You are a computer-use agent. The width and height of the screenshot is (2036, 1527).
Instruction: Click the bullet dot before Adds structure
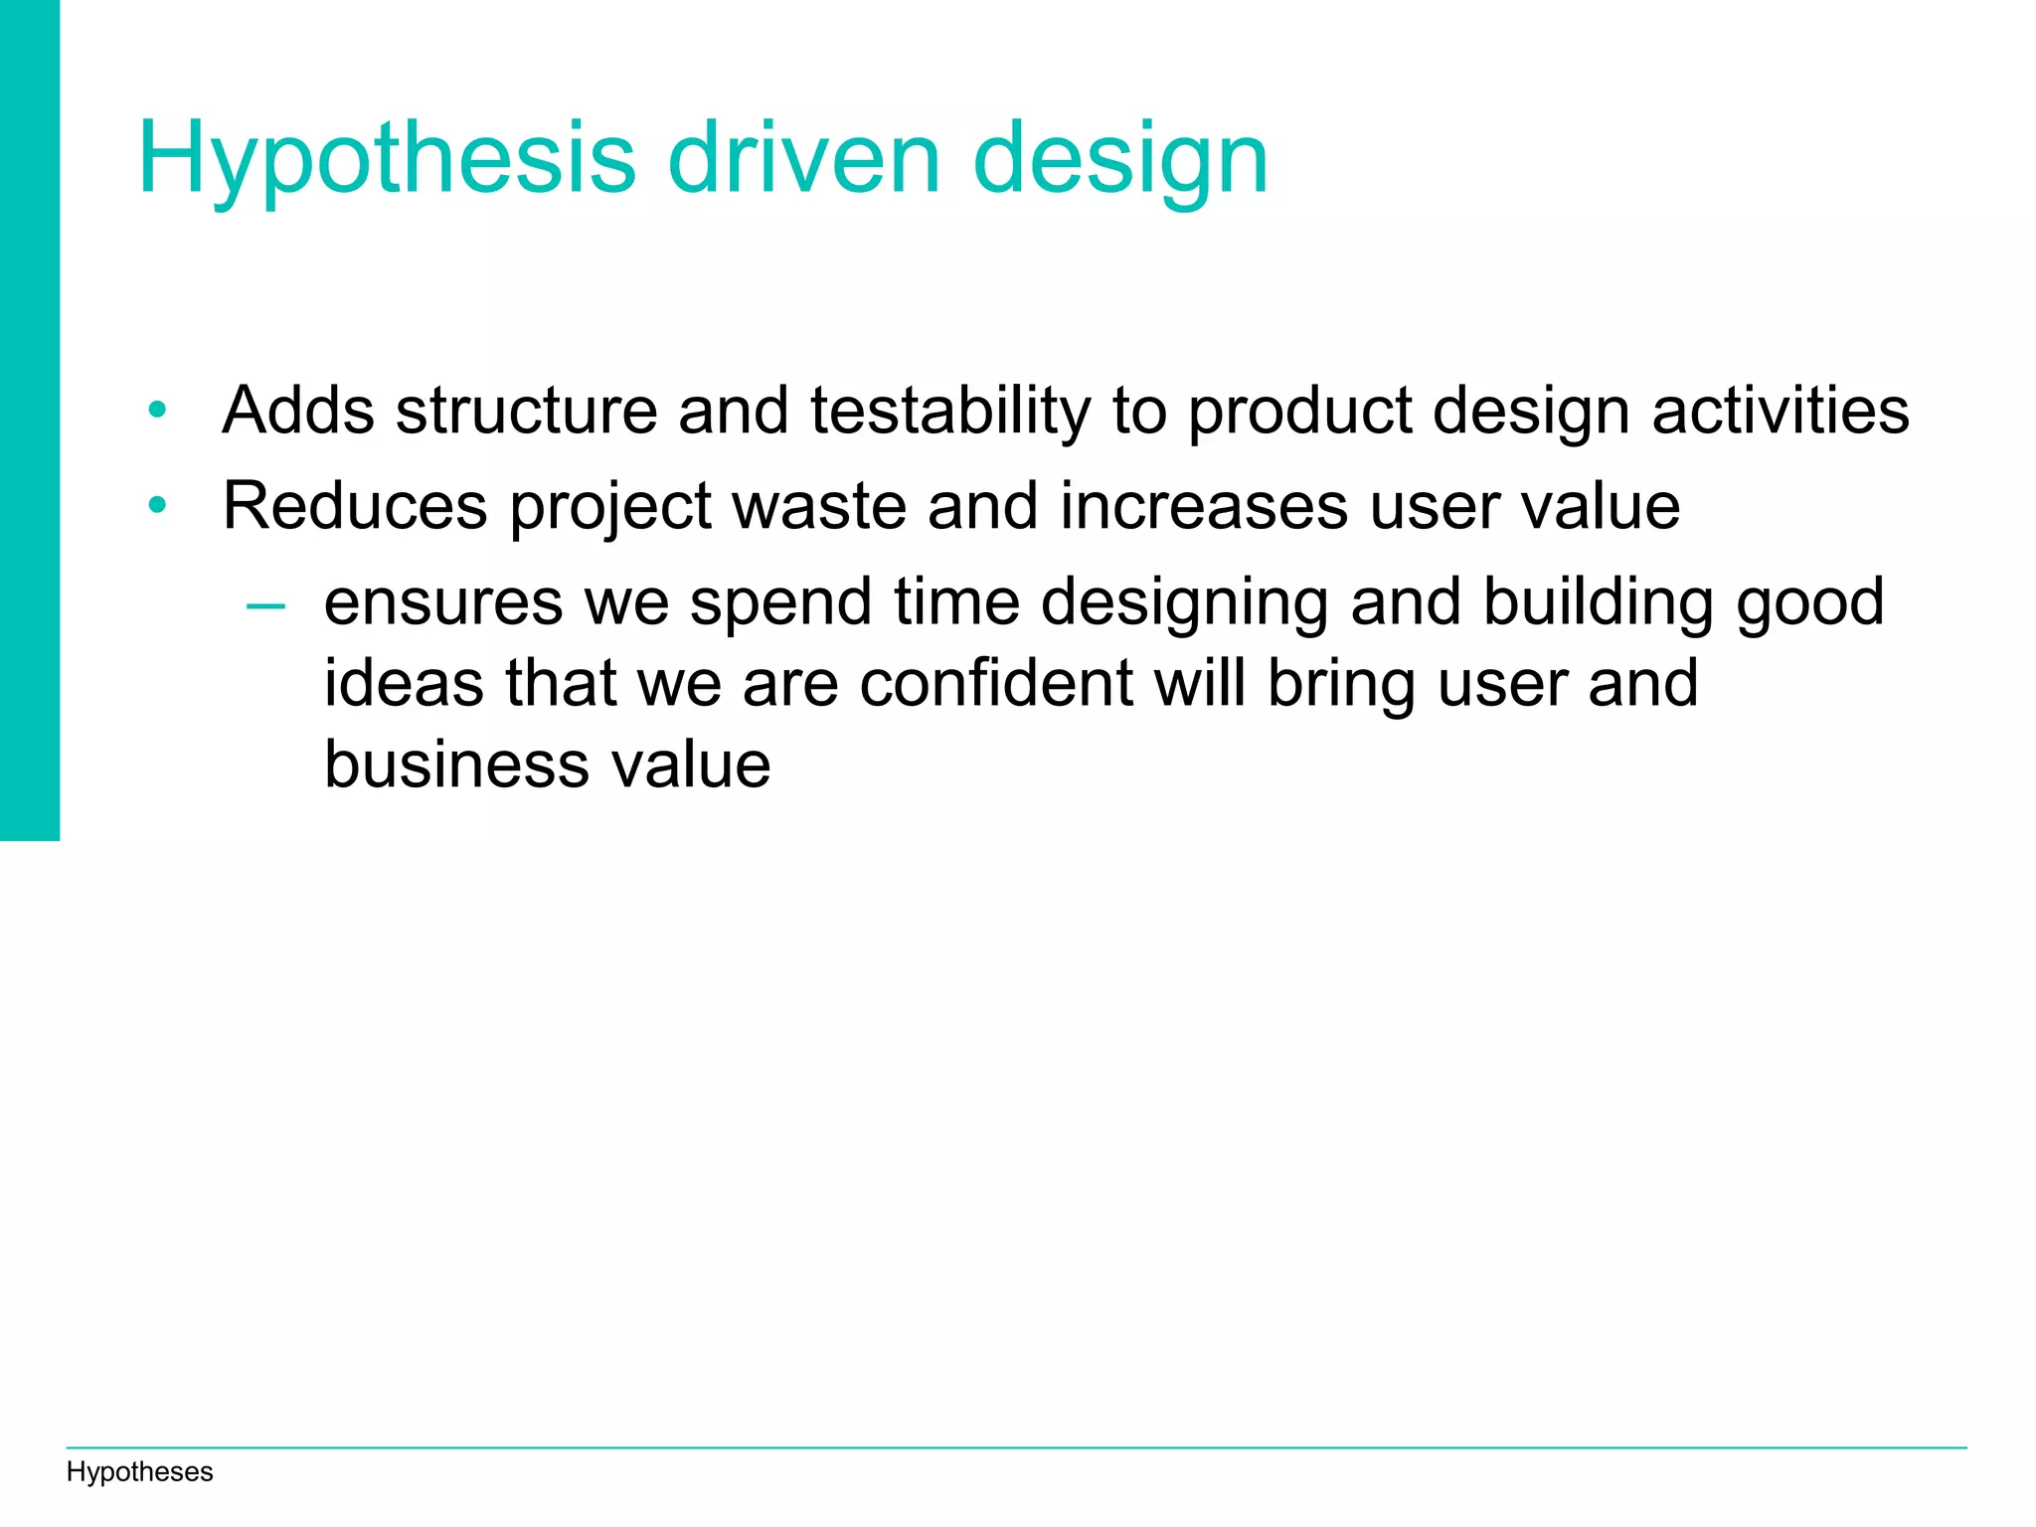click(157, 410)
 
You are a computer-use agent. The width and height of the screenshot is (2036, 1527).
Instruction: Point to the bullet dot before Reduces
click(157, 506)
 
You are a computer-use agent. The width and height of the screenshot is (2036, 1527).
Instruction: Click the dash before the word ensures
click(265, 604)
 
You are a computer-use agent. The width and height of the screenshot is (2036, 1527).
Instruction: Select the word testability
click(950, 410)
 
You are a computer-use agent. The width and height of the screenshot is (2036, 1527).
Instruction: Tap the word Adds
click(298, 410)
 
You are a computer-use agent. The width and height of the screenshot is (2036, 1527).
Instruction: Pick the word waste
click(819, 506)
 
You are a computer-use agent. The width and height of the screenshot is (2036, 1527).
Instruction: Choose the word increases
click(1204, 506)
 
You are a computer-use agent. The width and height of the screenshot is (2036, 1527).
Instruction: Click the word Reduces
click(355, 506)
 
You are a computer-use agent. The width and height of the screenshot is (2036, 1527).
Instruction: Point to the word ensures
click(443, 602)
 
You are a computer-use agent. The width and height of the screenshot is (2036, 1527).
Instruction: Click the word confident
click(996, 684)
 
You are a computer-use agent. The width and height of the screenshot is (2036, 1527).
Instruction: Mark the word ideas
click(404, 684)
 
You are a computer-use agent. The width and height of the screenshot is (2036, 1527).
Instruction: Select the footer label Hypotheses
click(139, 1471)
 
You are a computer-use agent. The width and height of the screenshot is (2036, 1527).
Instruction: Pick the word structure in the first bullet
click(527, 410)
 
